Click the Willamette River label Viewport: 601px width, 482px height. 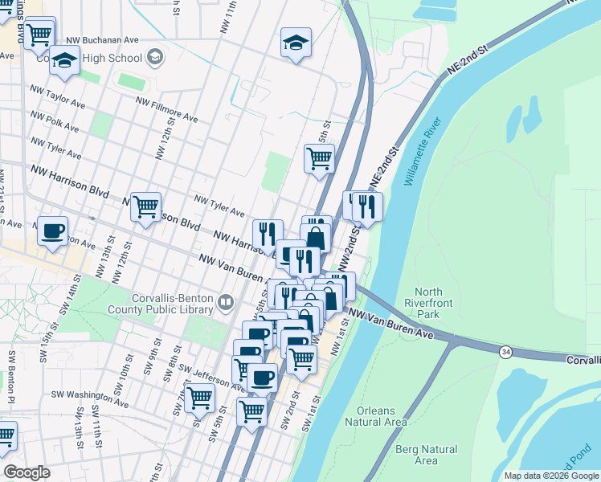pos(423,152)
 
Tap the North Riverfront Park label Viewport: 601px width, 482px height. pos(439,303)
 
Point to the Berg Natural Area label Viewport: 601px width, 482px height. pos(427,455)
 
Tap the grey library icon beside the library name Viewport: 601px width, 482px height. pos(226,303)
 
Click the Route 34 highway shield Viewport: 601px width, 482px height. pos(505,352)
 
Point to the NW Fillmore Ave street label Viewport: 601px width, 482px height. pos(167,110)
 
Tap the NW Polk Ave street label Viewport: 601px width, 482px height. pos(55,121)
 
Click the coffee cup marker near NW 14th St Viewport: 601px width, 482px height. pos(53,231)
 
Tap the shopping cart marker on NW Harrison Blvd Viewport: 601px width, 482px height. pos(145,207)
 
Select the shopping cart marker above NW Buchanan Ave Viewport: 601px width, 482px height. pos(39,34)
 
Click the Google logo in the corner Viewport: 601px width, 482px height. pos(27,472)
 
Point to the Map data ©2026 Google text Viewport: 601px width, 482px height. pos(550,476)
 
